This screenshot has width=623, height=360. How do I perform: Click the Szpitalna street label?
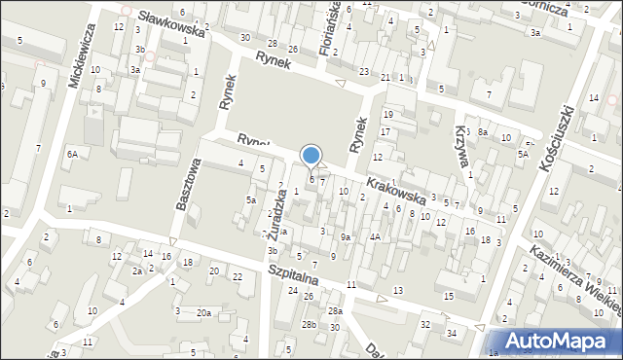(296, 275)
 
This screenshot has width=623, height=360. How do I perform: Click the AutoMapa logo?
(564, 341)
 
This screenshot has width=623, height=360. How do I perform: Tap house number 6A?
(72, 154)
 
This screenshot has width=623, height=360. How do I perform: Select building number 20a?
(203, 312)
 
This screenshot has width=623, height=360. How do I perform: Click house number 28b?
(309, 323)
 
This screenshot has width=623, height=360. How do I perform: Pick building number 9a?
(345, 237)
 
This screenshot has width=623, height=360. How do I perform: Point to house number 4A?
(374, 236)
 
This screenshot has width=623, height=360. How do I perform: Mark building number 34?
(452, 334)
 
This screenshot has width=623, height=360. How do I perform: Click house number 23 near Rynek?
(363, 72)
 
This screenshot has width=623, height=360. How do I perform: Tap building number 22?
(238, 277)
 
